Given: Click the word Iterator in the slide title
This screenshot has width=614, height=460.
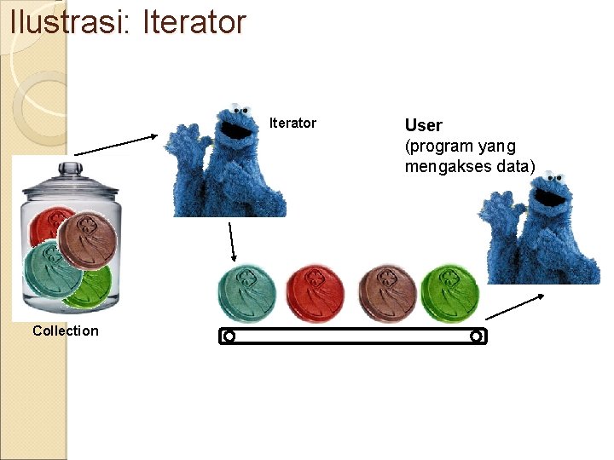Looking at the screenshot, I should (x=194, y=22).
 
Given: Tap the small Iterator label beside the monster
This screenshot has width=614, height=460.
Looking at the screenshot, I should (x=293, y=124).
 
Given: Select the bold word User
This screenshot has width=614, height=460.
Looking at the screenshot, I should (x=423, y=126).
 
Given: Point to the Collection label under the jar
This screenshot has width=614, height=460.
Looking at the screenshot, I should (x=66, y=331).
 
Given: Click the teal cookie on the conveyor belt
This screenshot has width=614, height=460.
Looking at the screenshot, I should (x=247, y=295).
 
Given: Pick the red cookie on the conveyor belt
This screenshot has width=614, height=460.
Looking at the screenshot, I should (x=315, y=295).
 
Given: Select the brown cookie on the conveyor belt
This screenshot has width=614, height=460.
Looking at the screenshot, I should (x=388, y=295).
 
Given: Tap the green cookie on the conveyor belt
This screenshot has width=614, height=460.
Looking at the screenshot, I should (x=450, y=294).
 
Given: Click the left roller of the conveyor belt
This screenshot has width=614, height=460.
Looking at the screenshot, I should (x=229, y=336).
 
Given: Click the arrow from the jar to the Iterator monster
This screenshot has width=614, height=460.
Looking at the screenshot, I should (x=116, y=144).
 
